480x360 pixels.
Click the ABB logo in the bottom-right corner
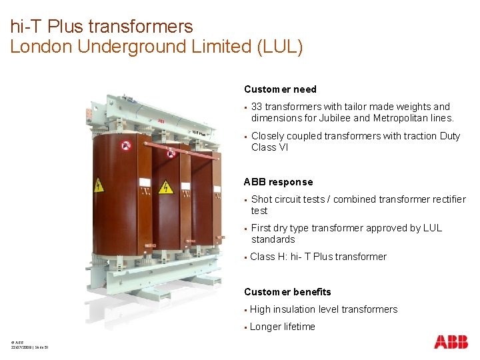click(451, 342)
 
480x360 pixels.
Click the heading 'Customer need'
click(280, 89)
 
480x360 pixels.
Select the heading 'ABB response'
click(278, 182)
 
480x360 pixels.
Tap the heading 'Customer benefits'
click(287, 292)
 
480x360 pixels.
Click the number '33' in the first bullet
click(257, 107)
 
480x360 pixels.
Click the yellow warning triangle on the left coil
click(99, 184)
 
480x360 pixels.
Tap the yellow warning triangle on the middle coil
click(166, 187)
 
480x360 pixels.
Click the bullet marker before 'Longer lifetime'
click(246, 327)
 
